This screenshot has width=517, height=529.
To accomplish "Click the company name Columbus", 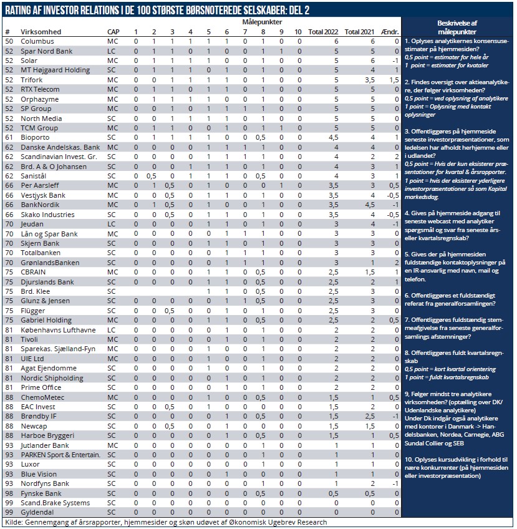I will click(x=38, y=41).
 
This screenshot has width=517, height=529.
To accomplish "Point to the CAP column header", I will click(x=114, y=32).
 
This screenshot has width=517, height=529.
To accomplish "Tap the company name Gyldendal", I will click(x=39, y=512).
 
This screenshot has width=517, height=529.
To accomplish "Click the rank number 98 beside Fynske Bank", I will click(x=9, y=493).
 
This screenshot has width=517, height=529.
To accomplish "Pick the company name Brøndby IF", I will click(x=39, y=416).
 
